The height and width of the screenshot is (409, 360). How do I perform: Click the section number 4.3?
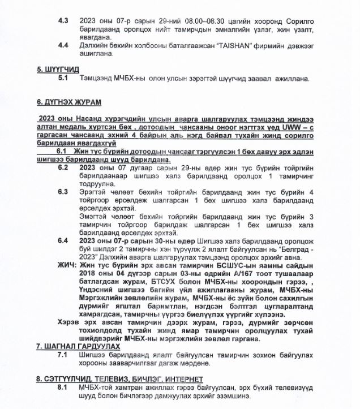point(64,19)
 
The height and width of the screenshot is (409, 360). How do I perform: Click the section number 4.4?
point(64,44)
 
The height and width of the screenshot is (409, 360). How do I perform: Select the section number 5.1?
point(63,79)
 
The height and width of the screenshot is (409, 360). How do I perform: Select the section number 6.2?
point(63,167)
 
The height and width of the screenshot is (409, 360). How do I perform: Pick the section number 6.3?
point(63,191)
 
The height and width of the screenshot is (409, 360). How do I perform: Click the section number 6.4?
point(63,240)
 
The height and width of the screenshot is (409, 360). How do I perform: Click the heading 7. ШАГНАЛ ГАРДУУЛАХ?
point(78,346)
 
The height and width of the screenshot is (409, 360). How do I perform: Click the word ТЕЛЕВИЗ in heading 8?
point(113,378)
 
